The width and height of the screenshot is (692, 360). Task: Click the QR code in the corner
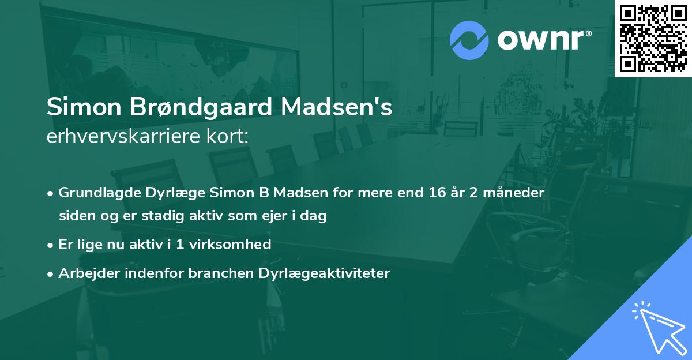pos(653,39)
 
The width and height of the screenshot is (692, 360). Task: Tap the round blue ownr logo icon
pos(468,40)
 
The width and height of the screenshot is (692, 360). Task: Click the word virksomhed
pos(229,244)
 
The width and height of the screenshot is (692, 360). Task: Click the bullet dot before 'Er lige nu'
pos(51,245)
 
